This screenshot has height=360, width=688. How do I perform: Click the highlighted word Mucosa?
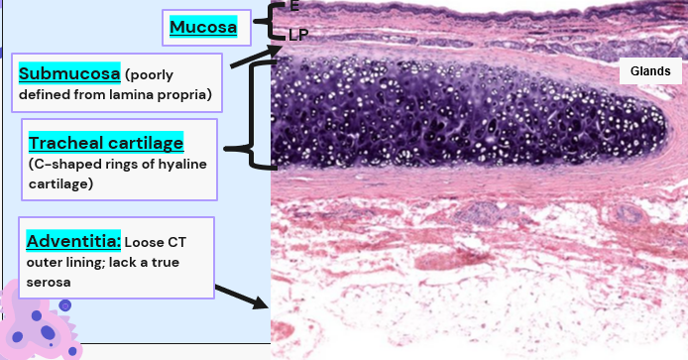203,27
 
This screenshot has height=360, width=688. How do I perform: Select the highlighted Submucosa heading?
69,73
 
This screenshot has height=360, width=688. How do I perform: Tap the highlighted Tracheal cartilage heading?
106,143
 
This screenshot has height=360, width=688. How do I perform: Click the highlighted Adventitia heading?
73,241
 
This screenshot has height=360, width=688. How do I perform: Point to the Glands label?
650,71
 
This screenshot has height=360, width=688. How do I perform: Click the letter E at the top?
294,6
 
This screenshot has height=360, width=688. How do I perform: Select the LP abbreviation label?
298,35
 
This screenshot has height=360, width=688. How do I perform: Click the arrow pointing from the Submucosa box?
256,58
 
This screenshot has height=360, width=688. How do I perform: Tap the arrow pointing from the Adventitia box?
241,297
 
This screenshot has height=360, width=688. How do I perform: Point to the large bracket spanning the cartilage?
251,114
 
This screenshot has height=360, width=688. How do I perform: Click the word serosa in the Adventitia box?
49,283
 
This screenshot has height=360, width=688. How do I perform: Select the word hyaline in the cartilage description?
182,165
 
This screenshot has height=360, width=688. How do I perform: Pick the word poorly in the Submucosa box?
149,75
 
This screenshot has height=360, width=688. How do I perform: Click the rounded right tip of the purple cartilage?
666,125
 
